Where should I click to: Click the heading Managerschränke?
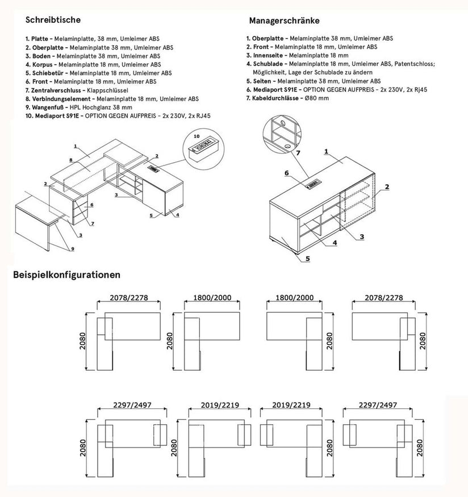click(284, 20)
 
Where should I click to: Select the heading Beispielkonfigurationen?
click(66, 275)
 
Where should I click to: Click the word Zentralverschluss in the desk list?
click(57, 90)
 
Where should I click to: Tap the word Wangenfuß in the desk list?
click(49, 106)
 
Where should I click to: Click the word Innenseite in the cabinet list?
click(269, 55)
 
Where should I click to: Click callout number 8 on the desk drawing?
click(70, 160)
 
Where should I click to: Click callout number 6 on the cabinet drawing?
click(287, 173)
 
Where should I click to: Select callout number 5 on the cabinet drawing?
click(307, 258)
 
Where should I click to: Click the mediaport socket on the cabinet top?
click(313, 184)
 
